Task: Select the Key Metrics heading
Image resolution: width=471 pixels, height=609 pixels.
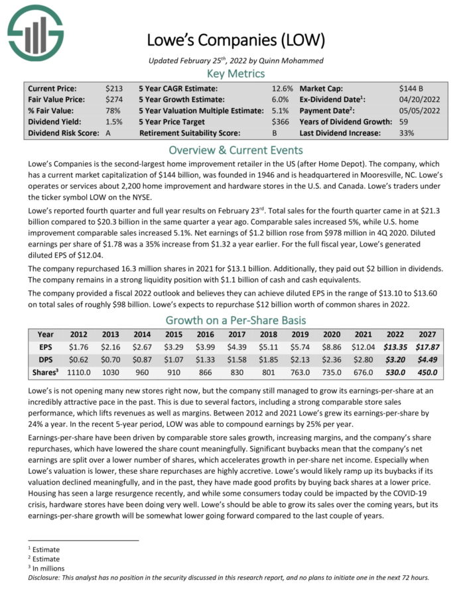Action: coord(235,73)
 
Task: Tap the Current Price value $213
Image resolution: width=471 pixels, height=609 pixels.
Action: coord(113,88)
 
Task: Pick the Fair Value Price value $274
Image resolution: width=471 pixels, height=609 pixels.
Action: coord(113,99)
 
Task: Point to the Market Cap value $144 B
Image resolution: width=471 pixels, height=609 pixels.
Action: coord(412,88)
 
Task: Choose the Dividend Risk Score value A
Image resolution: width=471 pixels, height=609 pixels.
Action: coord(108,133)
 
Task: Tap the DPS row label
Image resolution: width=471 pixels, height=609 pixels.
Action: coord(46,359)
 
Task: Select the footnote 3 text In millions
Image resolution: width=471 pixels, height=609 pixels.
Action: coord(46,568)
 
